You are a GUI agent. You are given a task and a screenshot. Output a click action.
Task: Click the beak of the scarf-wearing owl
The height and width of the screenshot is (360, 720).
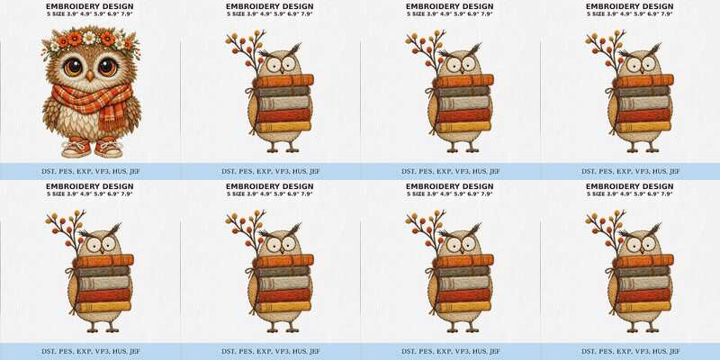pyautogui.click(x=90, y=76)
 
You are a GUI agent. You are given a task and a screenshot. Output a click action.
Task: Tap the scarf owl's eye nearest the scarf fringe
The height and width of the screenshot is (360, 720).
pyautogui.click(x=108, y=67)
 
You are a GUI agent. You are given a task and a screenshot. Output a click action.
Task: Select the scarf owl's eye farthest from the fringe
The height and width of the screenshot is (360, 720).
pyautogui.click(x=73, y=67)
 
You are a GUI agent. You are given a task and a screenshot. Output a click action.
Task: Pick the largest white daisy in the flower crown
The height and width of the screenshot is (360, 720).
pyautogui.click(x=89, y=38)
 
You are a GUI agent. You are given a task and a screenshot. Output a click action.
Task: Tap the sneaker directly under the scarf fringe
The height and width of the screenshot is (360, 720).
pyautogui.click(x=108, y=147)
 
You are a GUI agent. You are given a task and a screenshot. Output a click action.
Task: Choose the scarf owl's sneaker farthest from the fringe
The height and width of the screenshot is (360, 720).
pyautogui.click(x=76, y=147)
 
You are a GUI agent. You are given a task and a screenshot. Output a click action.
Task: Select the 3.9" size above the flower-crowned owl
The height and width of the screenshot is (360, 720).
pyautogui.click(x=73, y=14)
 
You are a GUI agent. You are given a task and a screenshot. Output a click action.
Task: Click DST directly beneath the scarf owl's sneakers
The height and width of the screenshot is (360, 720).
pyautogui.click(x=49, y=171)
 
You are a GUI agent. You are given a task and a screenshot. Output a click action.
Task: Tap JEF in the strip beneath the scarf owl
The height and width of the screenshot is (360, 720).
pyautogui.click(x=134, y=171)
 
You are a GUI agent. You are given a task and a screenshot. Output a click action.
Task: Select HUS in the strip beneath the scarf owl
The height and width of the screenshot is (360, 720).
pyautogui.click(x=118, y=171)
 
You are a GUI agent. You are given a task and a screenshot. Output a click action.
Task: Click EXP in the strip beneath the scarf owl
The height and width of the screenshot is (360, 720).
pyautogui.click(x=83, y=171)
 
